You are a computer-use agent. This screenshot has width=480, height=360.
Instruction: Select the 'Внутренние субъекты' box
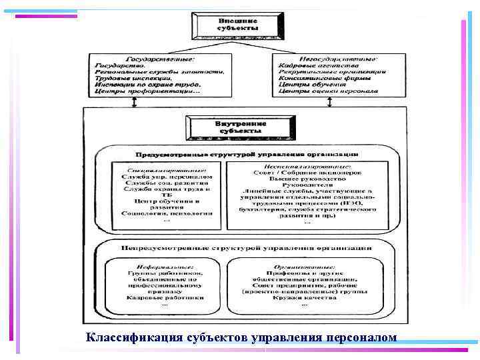coord(241,127)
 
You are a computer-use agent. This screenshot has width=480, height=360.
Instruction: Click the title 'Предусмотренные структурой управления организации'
coord(241,153)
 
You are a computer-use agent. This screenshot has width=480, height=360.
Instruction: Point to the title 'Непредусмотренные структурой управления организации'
coord(241,247)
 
